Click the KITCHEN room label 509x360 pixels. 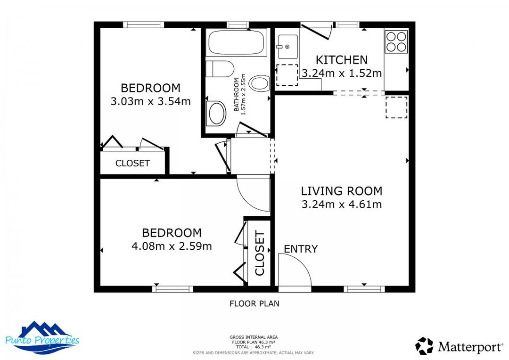point(341,60)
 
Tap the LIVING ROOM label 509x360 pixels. point(341,191)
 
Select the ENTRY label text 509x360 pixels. point(301,249)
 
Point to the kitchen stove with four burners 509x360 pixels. point(396,41)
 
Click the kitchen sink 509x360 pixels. point(287,47)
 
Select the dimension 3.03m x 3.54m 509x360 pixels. point(150,101)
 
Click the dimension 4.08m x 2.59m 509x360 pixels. point(172,246)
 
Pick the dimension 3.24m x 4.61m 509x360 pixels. point(341,205)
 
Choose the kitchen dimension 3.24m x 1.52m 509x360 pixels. point(341,74)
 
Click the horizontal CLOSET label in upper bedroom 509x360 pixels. point(132,164)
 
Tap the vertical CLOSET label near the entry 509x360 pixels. point(260,254)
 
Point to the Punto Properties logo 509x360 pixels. point(42,338)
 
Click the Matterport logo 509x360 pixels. point(459,347)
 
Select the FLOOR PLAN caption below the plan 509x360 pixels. point(254,304)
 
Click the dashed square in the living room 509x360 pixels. point(396,107)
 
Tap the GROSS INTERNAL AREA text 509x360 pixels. point(254,337)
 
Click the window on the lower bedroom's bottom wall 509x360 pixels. point(172,289)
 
